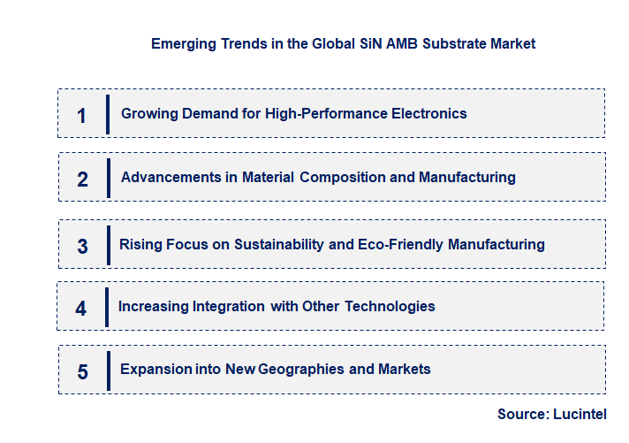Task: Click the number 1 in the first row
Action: [x=81, y=115]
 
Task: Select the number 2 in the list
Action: [x=82, y=179]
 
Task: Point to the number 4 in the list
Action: [x=81, y=309]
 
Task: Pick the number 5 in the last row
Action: [x=82, y=371]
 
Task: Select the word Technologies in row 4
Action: [x=390, y=306]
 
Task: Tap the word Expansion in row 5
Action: [x=154, y=368]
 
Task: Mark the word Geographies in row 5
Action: [x=303, y=368]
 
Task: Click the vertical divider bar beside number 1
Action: [x=107, y=114]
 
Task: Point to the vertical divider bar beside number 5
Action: [x=107, y=370]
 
